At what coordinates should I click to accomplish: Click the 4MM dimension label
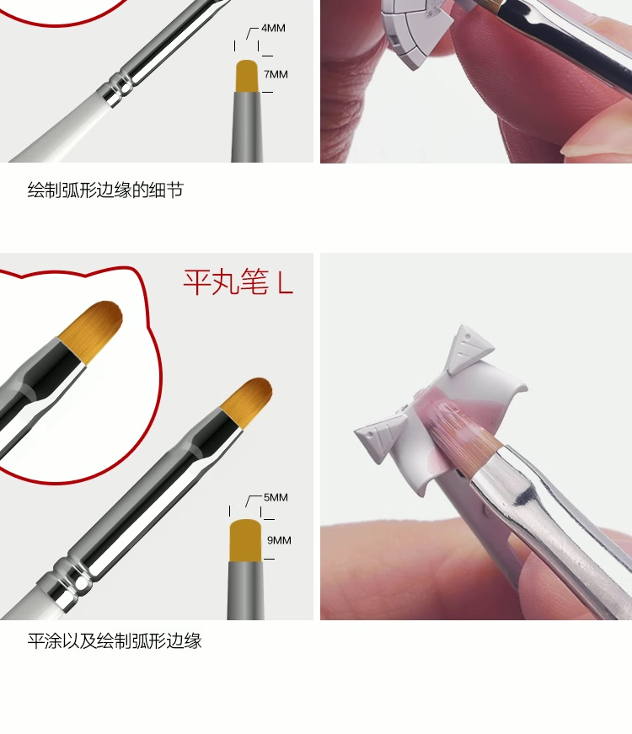(273, 28)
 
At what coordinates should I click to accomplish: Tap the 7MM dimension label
(276, 74)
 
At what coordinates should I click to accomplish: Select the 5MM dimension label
(276, 497)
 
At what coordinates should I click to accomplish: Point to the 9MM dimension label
(279, 540)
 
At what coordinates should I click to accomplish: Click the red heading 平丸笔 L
(238, 282)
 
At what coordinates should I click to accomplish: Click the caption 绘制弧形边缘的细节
(105, 190)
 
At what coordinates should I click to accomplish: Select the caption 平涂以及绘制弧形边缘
(115, 640)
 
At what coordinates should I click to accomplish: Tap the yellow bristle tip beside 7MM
(247, 77)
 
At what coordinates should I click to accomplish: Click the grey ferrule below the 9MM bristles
(245, 590)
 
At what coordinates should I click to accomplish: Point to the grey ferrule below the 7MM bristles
(247, 127)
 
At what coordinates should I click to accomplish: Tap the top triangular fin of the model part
(469, 349)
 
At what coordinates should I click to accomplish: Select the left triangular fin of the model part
(379, 432)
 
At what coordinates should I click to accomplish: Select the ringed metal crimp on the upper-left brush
(116, 88)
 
